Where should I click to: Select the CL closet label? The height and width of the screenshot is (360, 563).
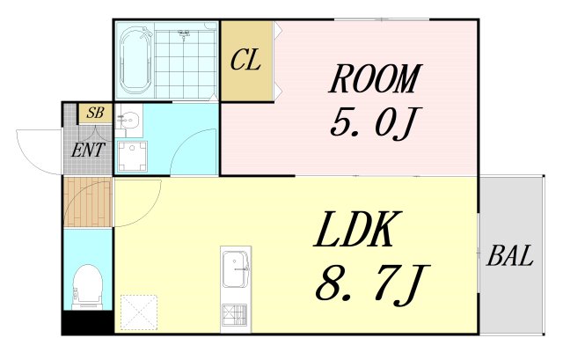pos(245,61)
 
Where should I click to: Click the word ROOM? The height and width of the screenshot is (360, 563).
pos(373,80)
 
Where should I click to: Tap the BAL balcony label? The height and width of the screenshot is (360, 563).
pos(510,258)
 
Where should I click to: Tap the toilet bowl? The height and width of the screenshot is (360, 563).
pos(87,287)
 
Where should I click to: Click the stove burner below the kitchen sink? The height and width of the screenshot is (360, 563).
pos(236,314)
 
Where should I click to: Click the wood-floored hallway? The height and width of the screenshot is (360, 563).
pos(88,202)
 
